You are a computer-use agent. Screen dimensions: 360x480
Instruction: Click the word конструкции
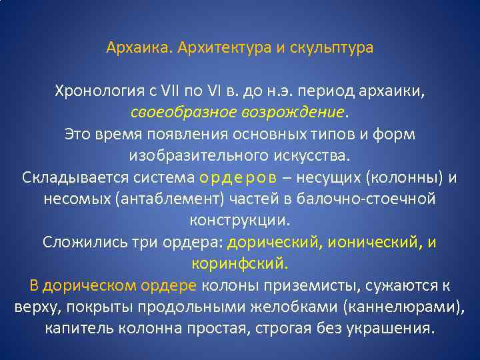(x=239, y=220)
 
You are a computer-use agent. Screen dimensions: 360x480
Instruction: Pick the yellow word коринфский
(x=239, y=263)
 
